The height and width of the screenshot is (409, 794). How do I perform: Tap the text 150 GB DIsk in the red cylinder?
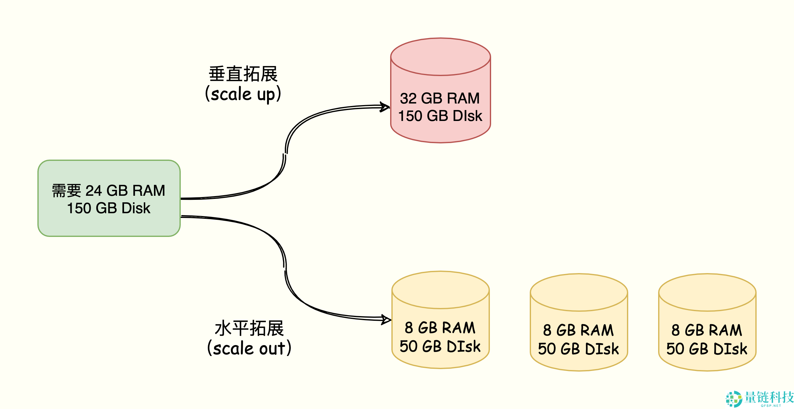(x=440, y=116)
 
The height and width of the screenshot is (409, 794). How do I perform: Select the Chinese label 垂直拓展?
(x=243, y=74)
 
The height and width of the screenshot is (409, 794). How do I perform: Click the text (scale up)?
(x=243, y=94)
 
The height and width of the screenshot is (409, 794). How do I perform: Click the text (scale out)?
(x=249, y=348)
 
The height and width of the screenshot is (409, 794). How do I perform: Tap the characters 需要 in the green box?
(x=66, y=191)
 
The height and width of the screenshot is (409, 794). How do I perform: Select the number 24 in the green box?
(x=93, y=191)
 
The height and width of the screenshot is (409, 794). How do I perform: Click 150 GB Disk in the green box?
(x=109, y=208)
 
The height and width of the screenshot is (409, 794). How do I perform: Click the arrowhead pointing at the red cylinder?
(x=386, y=107)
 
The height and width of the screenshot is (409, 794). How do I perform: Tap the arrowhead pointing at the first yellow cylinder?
(x=387, y=320)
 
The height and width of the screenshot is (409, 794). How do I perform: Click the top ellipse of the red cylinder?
(x=440, y=57)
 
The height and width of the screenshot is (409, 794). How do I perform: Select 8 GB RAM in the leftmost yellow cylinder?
(x=440, y=328)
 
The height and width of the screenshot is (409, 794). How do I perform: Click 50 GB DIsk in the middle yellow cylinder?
(x=578, y=349)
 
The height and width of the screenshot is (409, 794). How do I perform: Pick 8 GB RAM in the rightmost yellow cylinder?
(x=707, y=330)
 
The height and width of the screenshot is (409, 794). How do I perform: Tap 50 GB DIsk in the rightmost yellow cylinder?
(x=707, y=349)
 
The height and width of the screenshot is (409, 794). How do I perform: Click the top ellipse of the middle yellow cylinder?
(x=579, y=292)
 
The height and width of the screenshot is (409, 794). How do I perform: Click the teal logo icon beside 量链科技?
(x=734, y=399)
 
